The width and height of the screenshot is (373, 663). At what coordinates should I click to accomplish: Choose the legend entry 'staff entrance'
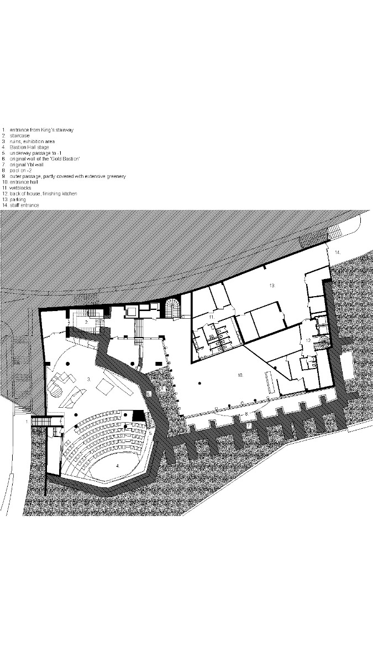coord(28,205)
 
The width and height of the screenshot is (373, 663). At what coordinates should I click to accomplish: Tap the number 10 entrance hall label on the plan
coord(240,375)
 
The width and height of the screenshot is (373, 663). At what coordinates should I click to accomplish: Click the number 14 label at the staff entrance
coord(337,252)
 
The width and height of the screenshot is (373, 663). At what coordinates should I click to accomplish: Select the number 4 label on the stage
coord(117,466)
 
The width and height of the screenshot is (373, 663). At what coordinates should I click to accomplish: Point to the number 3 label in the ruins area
coord(88,379)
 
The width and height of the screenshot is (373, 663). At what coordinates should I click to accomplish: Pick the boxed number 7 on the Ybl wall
coord(249,425)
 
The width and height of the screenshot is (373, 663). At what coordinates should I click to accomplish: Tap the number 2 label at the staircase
coord(86,321)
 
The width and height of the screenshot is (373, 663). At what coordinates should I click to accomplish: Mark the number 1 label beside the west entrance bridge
coord(25,421)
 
